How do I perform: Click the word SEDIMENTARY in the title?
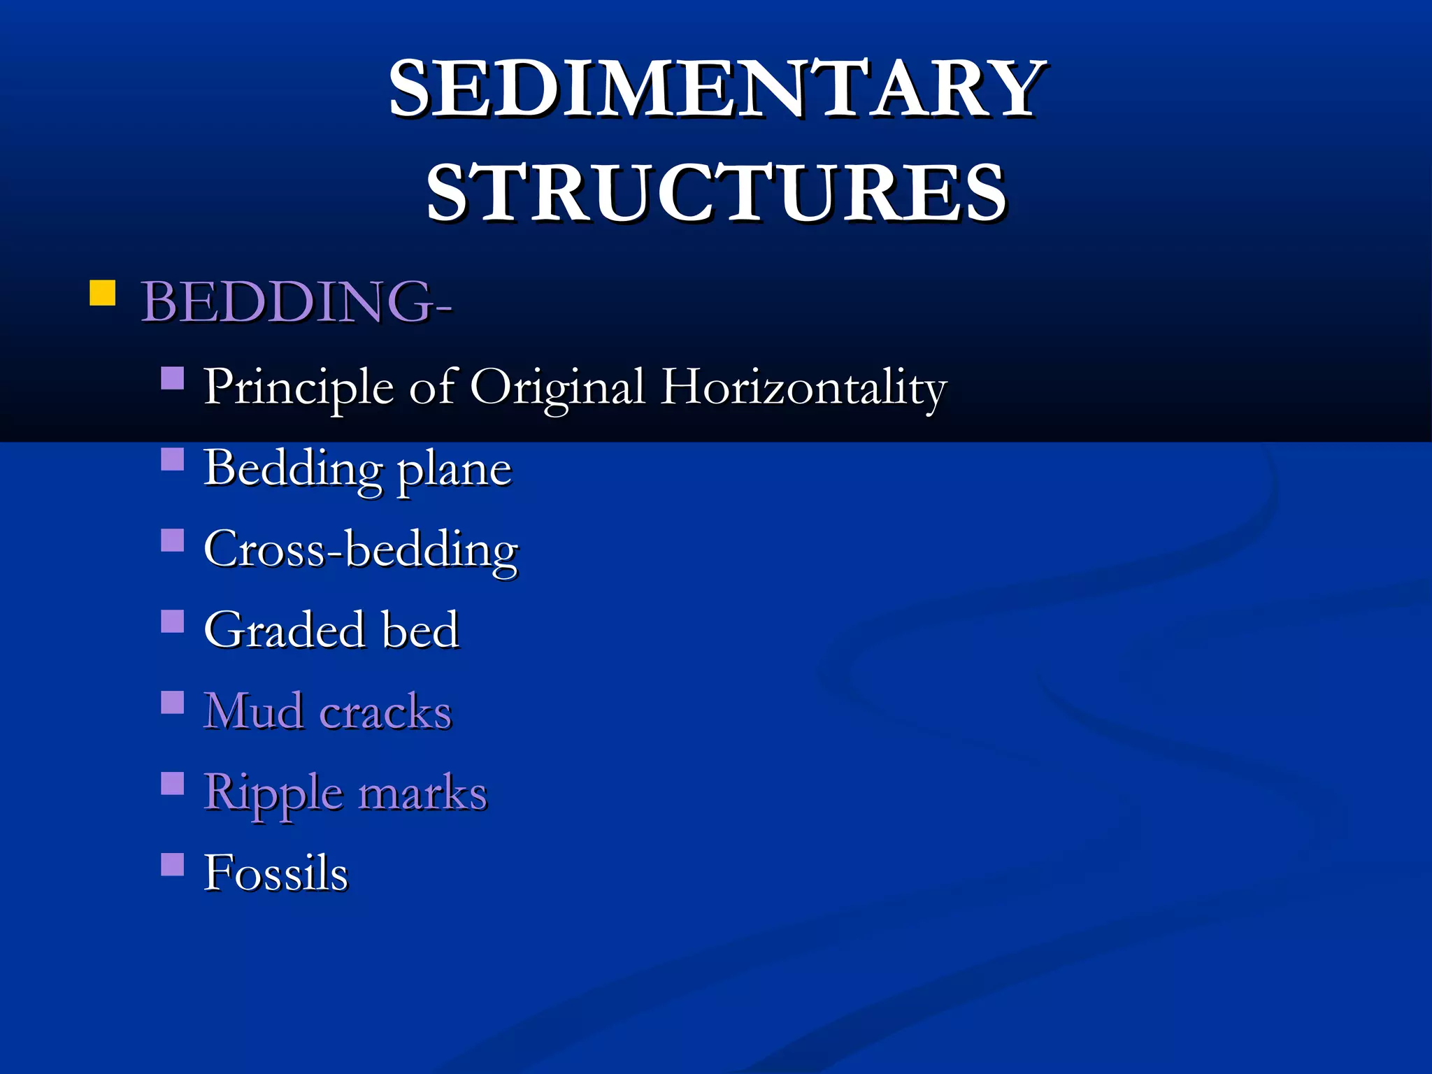(x=716, y=89)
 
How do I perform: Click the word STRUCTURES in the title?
(x=716, y=192)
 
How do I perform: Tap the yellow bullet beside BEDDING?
(x=102, y=294)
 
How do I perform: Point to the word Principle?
(x=299, y=387)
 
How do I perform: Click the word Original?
(x=557, y=387)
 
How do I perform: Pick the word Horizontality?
(x=804, y=387)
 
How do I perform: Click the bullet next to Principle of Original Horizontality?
(x=172, y=378)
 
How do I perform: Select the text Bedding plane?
(x=357, y=468)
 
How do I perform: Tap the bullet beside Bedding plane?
(x=172, y=459)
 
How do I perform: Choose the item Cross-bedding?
(x=361, y=549)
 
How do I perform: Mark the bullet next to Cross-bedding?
(x=172, y=540)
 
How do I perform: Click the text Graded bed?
(x=331, y=629)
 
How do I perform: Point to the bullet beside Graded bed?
(x=172, y=621)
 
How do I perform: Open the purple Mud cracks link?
(x=327, y=711)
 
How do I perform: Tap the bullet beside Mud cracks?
(x=172, y=702)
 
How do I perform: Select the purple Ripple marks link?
(x=345, y=792)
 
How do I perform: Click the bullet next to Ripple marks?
(x=172, y=783)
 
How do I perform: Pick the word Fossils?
(x=275, y=873)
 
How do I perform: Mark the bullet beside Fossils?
(x=172, y=864)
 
